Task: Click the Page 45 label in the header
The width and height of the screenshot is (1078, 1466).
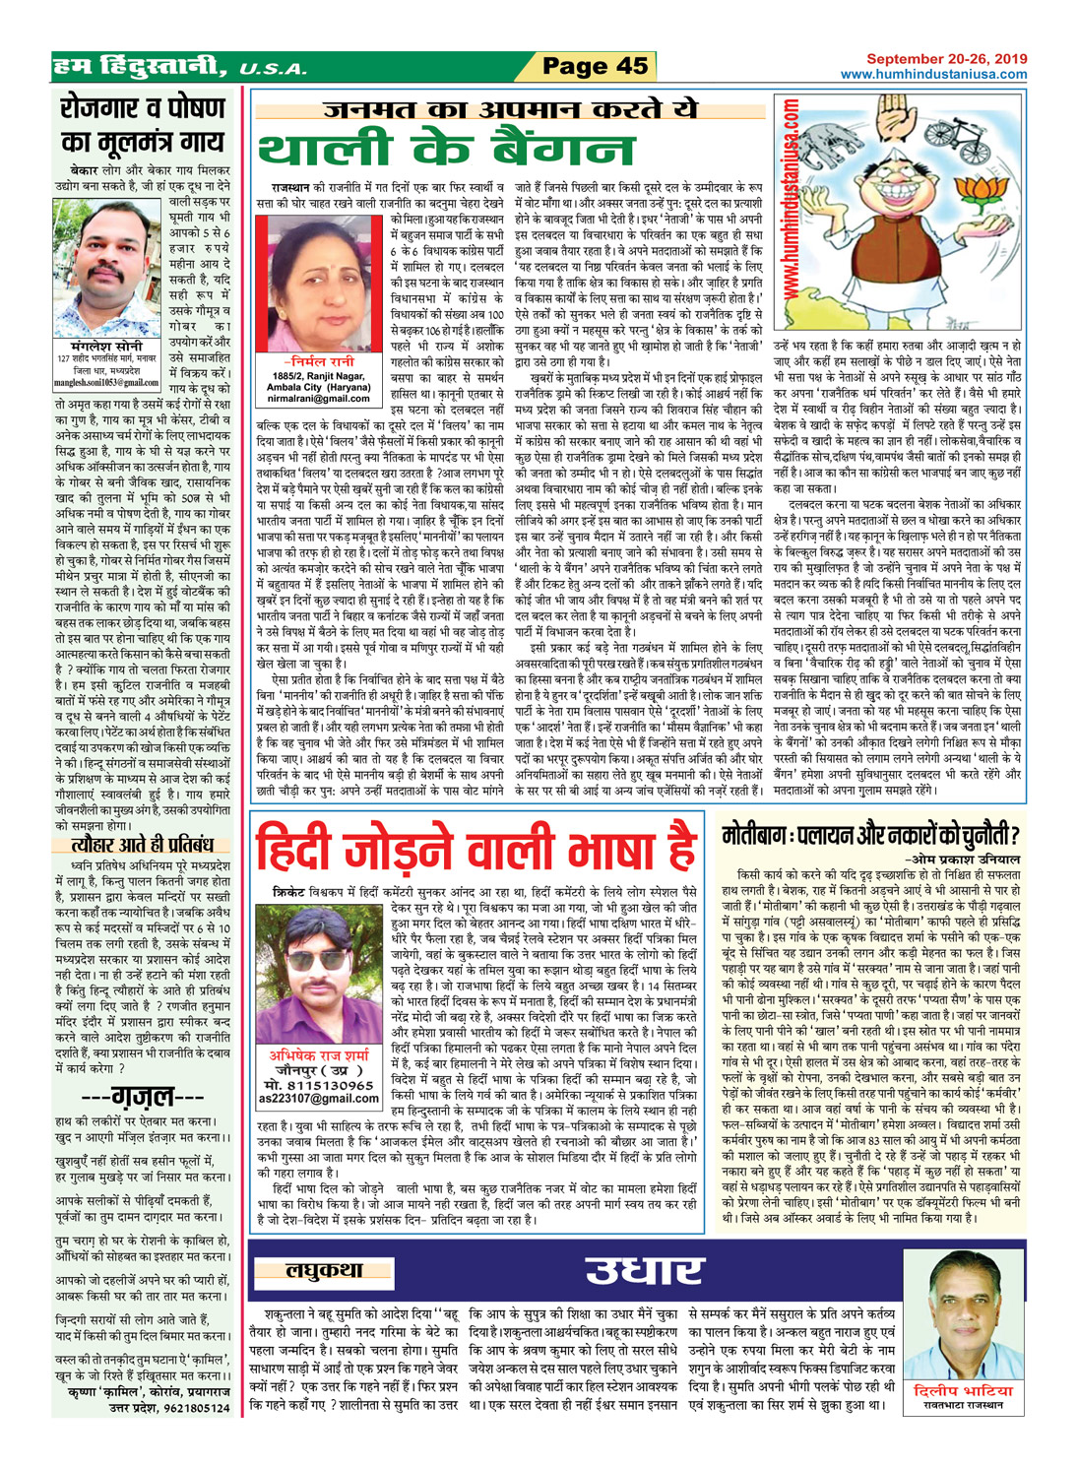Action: (595, 66)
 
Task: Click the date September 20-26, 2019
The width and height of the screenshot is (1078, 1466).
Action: (946, 59)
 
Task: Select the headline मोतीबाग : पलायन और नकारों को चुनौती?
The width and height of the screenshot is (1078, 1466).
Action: (871, 838)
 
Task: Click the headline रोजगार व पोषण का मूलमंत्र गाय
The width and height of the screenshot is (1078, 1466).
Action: (143, 125)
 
